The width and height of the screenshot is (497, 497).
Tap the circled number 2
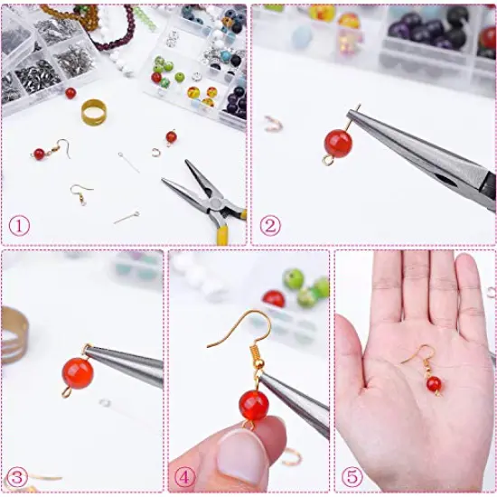click(268, 226)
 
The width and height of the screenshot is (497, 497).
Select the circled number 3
click(16, 476)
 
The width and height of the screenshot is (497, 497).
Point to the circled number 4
click(184, 476)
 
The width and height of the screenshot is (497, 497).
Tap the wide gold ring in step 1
click(93, 111)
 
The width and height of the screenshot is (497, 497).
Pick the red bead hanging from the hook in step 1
click(39, 155)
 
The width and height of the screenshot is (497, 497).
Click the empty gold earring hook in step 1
click(80, 192)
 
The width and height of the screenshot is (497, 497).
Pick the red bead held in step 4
click(253, 404)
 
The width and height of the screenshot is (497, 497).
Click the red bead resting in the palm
click(434, 385)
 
